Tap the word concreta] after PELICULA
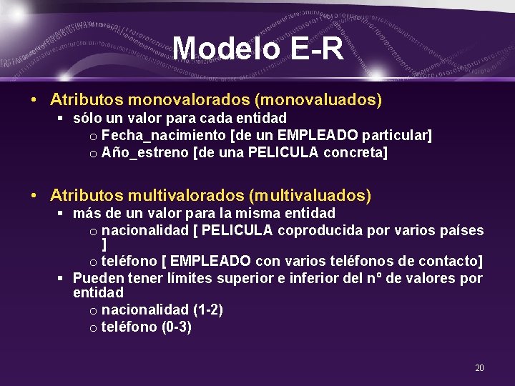[355, 152]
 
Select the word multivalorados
[177, 194]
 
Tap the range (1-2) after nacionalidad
[207, 310]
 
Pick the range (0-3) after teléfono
[176, 327]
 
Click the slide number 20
[479, 367]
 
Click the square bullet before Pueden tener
[62, 278]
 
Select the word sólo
[87, 117]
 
